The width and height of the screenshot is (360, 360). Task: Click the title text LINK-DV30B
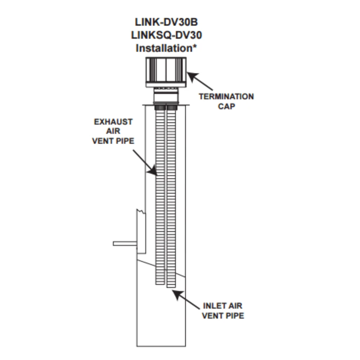click(166, 22)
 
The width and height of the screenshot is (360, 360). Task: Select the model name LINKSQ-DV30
click(166, 35)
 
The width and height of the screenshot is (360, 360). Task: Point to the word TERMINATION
click(226, 96)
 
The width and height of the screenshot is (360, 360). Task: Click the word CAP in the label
click(226, 107)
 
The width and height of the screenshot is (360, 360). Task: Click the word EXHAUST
click(113, 122)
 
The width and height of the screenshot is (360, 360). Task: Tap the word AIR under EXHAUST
click(113, 131)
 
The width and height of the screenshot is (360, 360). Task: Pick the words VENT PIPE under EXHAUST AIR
click(113, 141)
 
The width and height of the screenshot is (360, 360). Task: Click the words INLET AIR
click(223, 306)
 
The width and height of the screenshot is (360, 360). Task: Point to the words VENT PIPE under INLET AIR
click(223, 316)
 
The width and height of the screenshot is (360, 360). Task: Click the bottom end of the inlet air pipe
click(171, 286)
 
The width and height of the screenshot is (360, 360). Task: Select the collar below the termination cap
click(166, 96)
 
